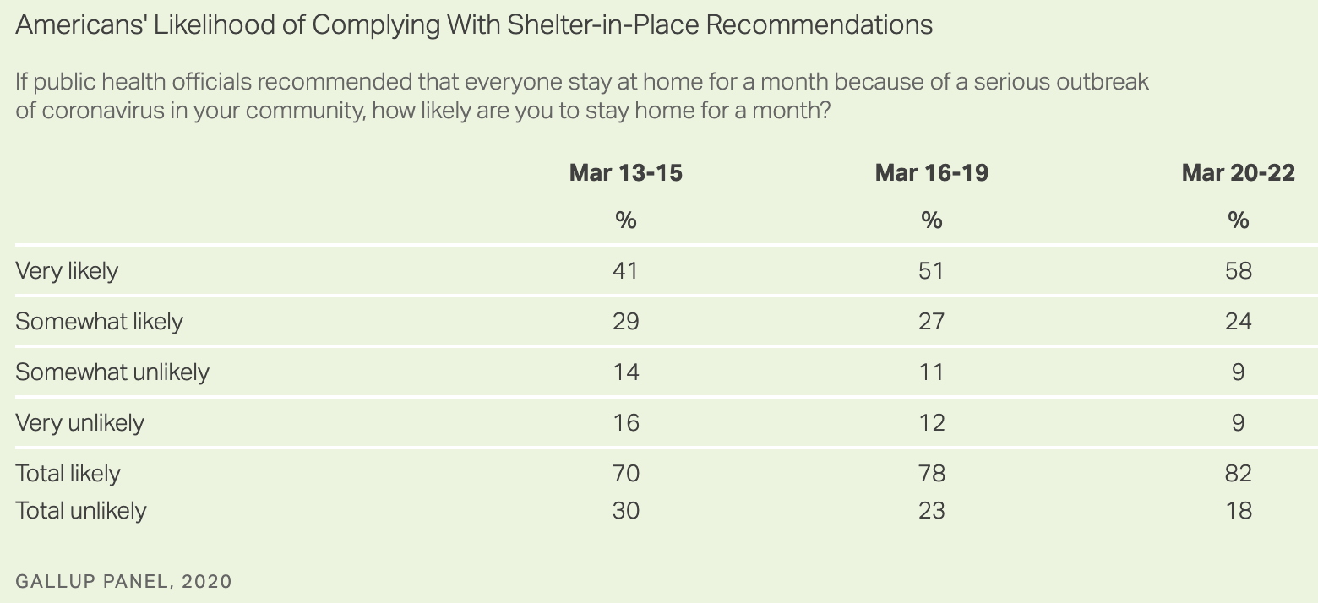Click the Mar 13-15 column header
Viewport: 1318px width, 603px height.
pos(625,173)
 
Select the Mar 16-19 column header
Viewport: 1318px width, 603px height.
pos(931,173)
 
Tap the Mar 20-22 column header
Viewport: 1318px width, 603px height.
pos(1238,173)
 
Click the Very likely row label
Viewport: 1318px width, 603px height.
pos(67,271)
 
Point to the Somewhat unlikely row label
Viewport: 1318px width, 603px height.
pos(112,372)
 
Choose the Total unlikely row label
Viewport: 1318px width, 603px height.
pos(80,511)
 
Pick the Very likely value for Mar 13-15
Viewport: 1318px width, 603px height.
pos(625,271)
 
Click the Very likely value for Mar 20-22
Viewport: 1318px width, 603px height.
pos(1238,271)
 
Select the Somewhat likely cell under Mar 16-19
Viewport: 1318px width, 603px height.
pos(931,322)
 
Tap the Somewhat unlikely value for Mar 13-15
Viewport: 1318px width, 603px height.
pos(625,372)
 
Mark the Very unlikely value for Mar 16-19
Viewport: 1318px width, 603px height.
pos(931,422)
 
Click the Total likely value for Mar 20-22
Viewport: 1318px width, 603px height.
pos(1238,473)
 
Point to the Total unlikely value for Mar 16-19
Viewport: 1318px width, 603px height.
pos(931,511)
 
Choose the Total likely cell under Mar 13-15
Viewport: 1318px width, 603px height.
pos(625,473)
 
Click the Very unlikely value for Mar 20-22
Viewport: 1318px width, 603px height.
pos(1238,422)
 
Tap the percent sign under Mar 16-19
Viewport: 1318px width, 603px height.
pos(931,220)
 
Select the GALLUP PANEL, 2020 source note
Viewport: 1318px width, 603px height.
pos(123,581)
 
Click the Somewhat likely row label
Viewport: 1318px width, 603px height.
pos(99,322)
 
